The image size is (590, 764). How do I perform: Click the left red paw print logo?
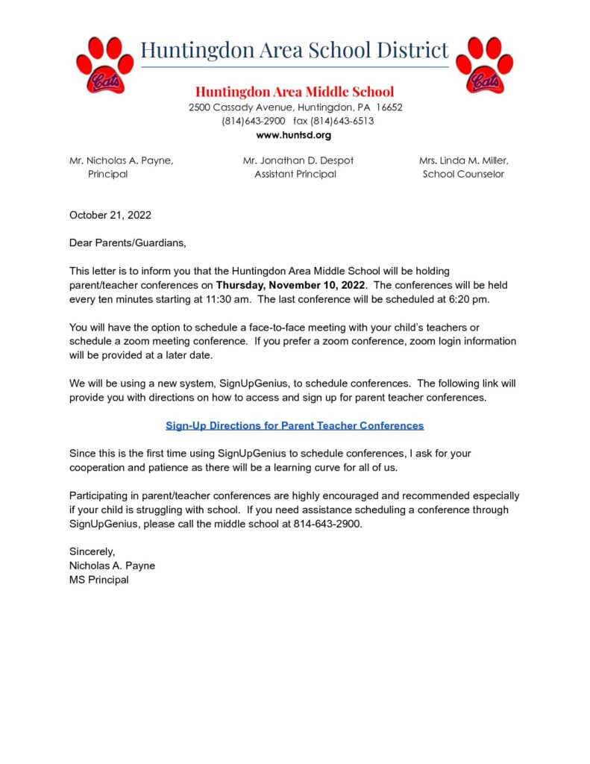(x=105, y=65)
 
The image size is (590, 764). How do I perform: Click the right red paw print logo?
(x=484, y=65)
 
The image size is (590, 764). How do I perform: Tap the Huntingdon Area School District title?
(x=295, y=50)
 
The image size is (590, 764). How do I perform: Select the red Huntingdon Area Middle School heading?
(x=295, y=92)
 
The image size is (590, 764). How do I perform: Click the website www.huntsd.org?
(x=293, y=135)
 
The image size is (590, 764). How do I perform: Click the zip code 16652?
(x=389, y=107)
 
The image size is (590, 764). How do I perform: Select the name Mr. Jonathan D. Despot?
(x=298, y=160)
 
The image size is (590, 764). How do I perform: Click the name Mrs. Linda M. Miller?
(x=463, y=160)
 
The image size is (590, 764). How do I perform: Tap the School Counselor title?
(x=463, y=174)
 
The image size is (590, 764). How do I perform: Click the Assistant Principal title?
(x=295, y=174)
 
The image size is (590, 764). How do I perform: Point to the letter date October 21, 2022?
(x=110, y=215)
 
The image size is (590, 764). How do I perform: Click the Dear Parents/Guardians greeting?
(x=128, y=242)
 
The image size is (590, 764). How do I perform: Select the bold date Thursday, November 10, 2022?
(x=291, y=285)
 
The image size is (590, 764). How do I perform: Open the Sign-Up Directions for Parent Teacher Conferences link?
(x=295, y=425)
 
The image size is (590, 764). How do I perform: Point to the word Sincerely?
(x=92, y=551)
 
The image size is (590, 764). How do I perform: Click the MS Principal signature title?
(x=99, y=579)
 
